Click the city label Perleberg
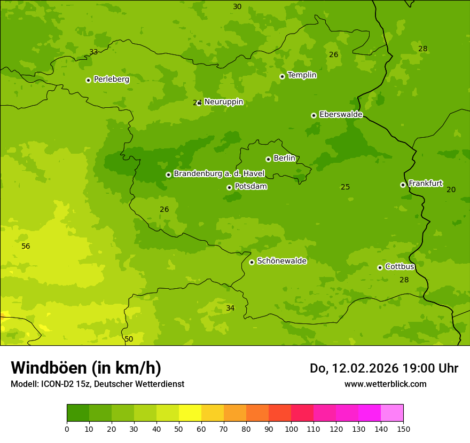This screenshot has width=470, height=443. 111,79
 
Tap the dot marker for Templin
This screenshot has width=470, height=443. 282,76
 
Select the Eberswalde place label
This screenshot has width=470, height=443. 341,114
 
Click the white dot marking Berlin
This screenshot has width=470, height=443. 268,159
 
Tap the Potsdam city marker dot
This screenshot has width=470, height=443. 229,187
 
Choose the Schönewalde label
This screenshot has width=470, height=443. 281,261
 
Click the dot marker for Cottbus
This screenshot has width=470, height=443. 380,267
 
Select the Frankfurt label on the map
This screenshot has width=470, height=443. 425,184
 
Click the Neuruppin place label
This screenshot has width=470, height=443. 223,101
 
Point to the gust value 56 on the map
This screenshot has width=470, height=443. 26,246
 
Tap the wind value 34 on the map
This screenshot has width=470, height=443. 230,308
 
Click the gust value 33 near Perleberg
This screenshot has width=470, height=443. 93,52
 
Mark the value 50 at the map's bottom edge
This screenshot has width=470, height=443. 129,339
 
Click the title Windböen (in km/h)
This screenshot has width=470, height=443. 86,368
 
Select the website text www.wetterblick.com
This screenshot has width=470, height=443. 385,384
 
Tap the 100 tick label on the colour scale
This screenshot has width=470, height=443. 291,429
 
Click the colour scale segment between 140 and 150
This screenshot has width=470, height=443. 392,413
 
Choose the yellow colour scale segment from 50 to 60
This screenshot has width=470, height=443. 190,413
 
